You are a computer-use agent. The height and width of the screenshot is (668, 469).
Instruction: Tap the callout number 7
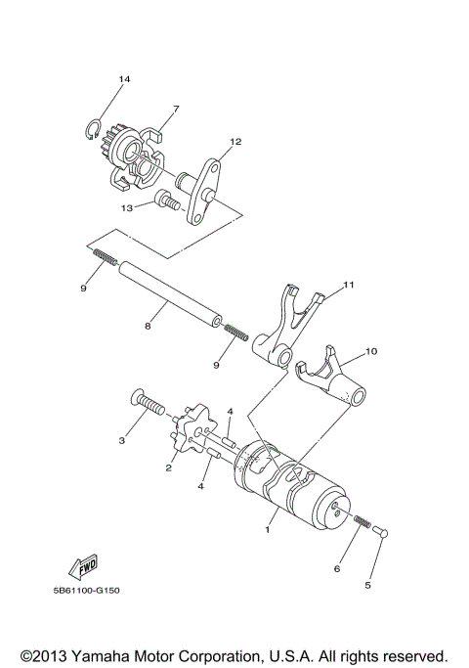pos(176,109)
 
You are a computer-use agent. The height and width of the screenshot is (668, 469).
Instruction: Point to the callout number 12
pos(234,142)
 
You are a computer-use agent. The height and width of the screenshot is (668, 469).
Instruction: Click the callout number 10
pos(370,349)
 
